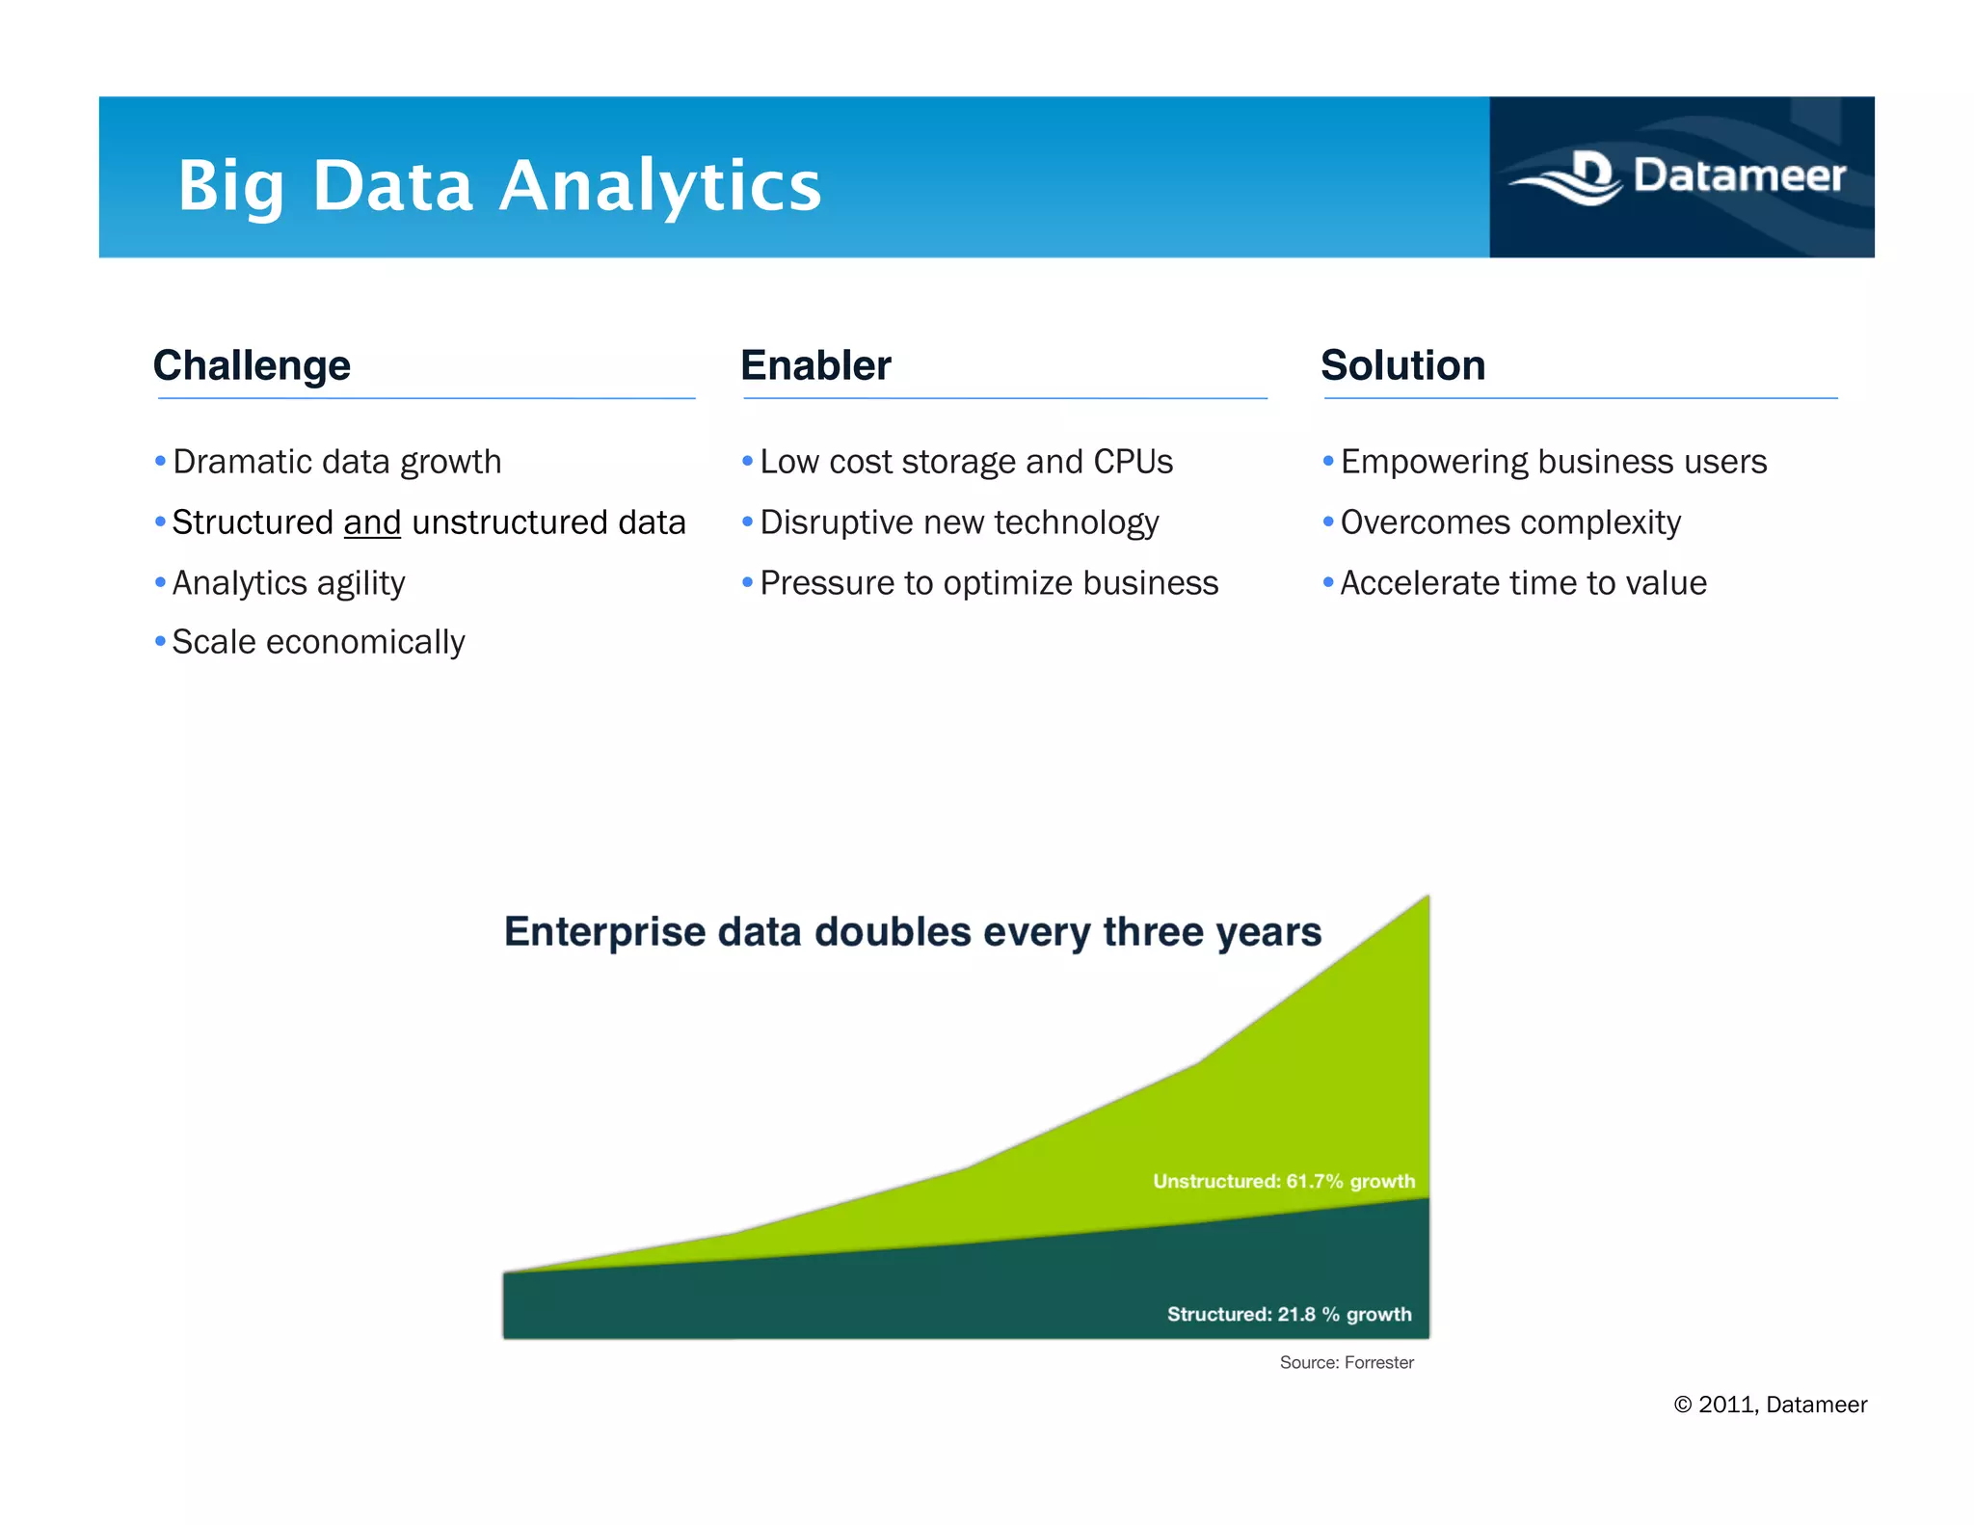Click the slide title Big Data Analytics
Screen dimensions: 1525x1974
click(498, 185)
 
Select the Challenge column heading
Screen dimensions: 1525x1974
click(252, 365)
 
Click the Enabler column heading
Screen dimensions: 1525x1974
click(815, 365)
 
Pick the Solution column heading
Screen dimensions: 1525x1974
click(1402, 365)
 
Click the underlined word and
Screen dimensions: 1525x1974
click(372, 522)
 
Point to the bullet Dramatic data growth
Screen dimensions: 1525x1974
click(336, 462)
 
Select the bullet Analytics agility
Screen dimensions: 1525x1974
click(288, 583)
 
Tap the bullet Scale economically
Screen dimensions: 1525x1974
click(318, 642)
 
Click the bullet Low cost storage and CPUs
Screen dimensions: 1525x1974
click(966, 462)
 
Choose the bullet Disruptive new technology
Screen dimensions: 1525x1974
click(959, 522)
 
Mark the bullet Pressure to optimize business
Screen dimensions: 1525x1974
click(989, 583)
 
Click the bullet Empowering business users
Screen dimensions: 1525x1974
click(1553, 462)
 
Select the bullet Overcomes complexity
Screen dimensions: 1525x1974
click(1510, 522)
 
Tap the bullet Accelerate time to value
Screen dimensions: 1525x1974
click(1523, 583)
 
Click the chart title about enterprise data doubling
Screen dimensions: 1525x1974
click(912, 932)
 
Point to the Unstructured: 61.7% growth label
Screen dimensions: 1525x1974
click(1284, 1181)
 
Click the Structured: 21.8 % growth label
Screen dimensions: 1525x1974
click(1289, 1314)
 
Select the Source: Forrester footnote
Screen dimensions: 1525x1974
click(1346, 1362)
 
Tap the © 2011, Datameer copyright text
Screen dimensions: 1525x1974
click(1770, 1405)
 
